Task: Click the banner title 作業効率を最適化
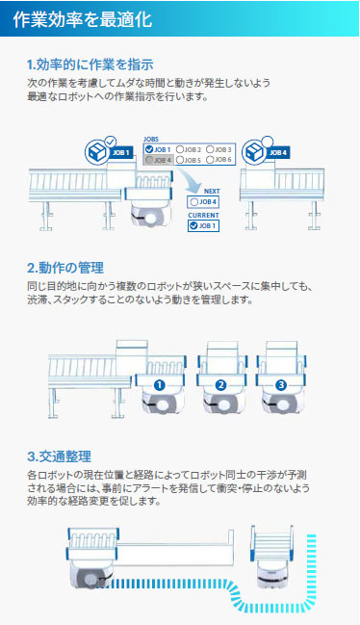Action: [x=83, y=18]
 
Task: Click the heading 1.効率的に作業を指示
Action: [x=90, y=65]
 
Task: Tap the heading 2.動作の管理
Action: [x=65, y=268]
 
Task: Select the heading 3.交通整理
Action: [x=60, y=456]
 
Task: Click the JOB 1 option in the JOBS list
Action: [x=158, y=149]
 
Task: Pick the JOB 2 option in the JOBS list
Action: [x=189, y=149]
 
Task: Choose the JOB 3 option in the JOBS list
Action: [x=219, y=149]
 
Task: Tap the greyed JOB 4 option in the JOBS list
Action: [x=159, y=160]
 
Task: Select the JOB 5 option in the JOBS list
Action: [x=189, y=160]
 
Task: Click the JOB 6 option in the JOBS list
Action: [x=219, y=160]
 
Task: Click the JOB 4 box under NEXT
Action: [x=203, y=201]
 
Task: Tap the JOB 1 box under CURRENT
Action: [x=203, y=225]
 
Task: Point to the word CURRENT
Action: [x=203, y=216]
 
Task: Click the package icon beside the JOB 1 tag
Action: [x=97, y=152]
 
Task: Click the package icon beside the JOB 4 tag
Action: [x=254, y=152]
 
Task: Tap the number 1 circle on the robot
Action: [x=159, y=385]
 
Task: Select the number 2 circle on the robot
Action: [x=220, y=385]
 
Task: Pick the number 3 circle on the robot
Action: [x=281, y=385]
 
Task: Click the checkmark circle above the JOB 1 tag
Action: [x=111, y=142]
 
